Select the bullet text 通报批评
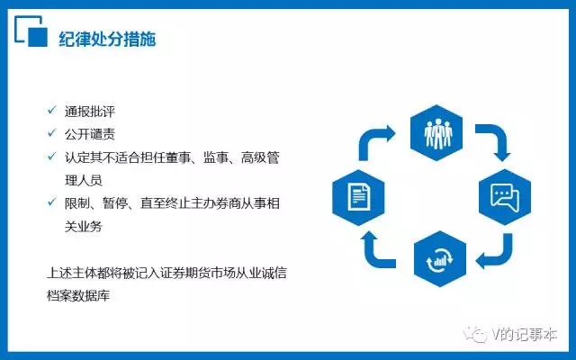(x=89, y=113)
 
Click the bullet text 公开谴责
(x=89, y=136)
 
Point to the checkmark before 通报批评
(x=52, y=112)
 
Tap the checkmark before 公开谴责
(x=52, y=135)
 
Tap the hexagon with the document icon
(x=357, y=195)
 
